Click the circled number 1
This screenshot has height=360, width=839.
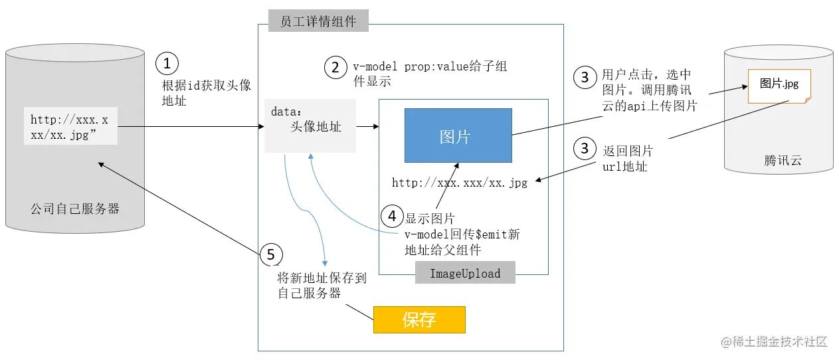click(x=167, y=64)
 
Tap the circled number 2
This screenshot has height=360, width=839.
click(x=335, y=67)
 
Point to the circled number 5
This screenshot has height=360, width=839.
click(x=270, y=254)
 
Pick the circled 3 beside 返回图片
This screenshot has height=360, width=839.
click(x=585, y=149)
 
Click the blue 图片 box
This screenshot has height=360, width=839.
click(x=458, y=135)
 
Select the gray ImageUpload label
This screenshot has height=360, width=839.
click(x=465, y=273)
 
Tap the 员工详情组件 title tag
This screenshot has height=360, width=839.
click(x=318, y=21)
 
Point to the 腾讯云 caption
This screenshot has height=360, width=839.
click(x=783, y=160)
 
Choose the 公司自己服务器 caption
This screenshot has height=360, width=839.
click(x=75, y=209)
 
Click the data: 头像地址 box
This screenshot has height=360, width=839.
click(x=310, y=126)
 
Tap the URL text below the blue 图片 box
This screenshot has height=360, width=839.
click(x=460, y=183)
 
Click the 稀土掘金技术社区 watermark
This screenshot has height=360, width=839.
click(x=774, y=342)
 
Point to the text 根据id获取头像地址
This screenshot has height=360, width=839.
click(x=207, y=93)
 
